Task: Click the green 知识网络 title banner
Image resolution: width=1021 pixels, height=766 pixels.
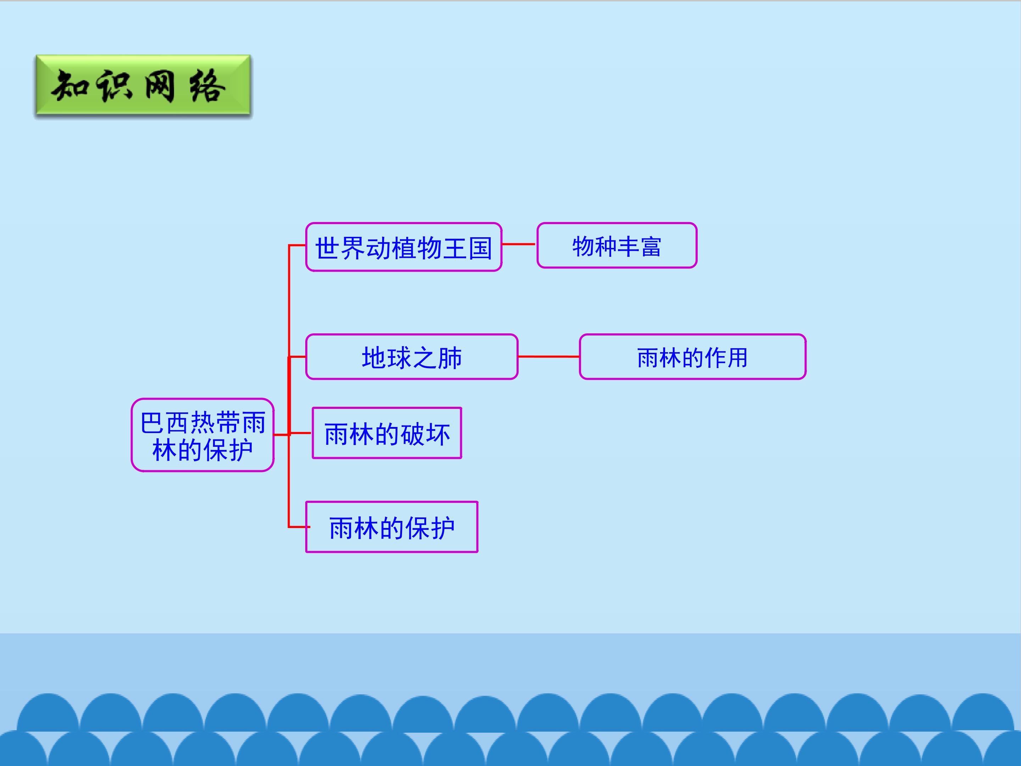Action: pos(143,85)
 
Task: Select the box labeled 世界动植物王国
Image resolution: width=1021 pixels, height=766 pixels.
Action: pos(403,247)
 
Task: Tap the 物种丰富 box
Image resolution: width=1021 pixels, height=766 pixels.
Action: pos(616,245)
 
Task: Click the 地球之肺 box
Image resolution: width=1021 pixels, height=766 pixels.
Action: pos(412,357)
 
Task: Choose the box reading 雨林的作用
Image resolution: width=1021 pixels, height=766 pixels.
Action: pos(692,357)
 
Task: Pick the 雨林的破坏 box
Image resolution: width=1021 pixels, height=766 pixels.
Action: pos(387,433)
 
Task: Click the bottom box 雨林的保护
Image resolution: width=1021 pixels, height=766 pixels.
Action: pos(391,527)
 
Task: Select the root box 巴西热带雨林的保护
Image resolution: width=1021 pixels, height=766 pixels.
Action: pos(203,435)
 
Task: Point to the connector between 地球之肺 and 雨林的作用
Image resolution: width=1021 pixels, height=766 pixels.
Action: pos(549,356)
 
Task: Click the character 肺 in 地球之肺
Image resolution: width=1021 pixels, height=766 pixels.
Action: pos(450,358)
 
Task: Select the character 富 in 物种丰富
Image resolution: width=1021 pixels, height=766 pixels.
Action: pos(651,246)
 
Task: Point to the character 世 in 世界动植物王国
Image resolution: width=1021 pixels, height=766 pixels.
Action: pos(327,248)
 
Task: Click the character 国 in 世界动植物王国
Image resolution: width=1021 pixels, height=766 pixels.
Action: pos(480,248)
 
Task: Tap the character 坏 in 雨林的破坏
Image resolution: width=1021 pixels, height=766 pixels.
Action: pos(437,434)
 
